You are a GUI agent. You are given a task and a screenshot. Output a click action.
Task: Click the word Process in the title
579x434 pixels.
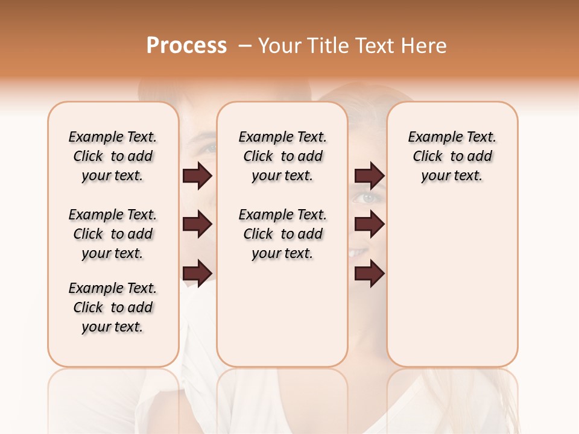[x=186, y=46]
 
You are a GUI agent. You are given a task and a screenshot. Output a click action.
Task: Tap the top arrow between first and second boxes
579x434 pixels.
[x=197, y=176]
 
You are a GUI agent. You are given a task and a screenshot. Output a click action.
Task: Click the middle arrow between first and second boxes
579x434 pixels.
[x=197, y=225]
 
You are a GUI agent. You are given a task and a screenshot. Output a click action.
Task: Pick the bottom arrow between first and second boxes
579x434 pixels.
[x=197, y=273]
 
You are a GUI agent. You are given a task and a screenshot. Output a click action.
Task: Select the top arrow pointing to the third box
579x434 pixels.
[x=369, y=176]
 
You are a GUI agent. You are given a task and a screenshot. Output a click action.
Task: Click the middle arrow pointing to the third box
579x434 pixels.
[x=369, y=225]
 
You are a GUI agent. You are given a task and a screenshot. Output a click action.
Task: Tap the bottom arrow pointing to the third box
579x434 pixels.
[x=369, y=273]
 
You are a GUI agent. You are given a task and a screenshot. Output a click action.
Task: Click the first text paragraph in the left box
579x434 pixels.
[x=113, y=156]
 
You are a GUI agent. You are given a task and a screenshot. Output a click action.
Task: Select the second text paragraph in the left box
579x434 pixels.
[x=113, y=234]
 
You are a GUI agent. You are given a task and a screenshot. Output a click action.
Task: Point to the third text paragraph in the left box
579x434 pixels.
[x=113, y=307]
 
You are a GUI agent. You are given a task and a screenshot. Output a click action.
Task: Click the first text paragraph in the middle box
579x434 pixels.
[x=282, y=156]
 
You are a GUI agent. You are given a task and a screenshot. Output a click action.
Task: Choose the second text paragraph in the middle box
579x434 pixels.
[x=282, y=234]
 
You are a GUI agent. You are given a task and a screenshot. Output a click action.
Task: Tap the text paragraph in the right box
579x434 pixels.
[x=452, y=156]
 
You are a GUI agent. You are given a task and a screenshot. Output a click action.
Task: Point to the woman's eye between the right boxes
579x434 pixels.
[x=367, y=198]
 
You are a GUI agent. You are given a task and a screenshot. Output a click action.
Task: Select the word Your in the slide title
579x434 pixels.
[x=279, y=46]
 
